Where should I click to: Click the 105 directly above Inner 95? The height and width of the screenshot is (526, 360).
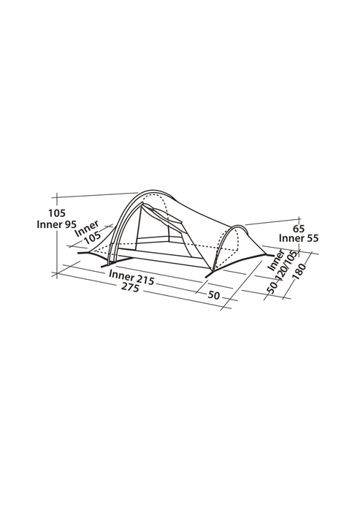coord(57,213)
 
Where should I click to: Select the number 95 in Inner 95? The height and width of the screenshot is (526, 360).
coord(70,224)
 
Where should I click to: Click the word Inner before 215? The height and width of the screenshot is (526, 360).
coord(121,275)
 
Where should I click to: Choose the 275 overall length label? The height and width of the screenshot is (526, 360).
coord(130,287)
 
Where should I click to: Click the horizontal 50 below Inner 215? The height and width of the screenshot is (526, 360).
coord(213,296)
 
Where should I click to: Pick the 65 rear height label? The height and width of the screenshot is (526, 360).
coord(299,229)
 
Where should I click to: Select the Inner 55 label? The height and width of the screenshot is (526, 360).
coord(299,238)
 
